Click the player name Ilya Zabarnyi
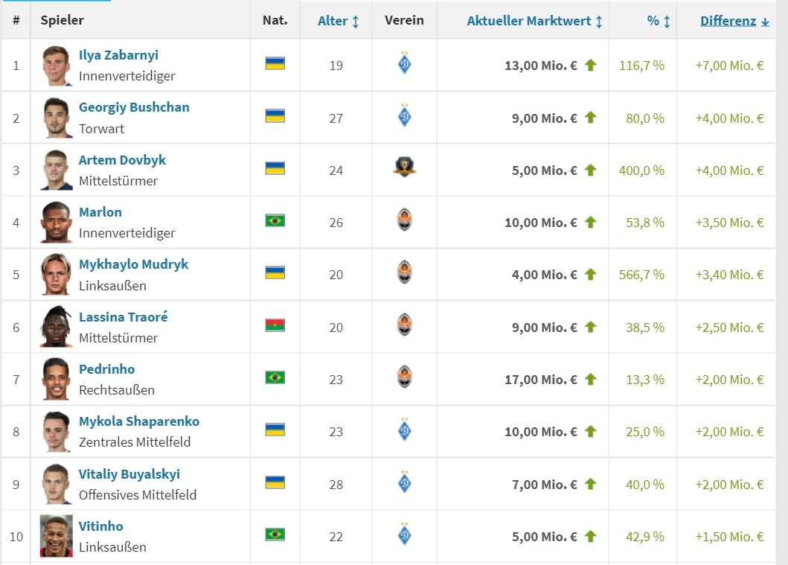coord(118,55)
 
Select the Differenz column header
coord(728,21)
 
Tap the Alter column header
coord(332,21)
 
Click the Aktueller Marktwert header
coord(529,21)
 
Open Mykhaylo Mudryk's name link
coord(133,264)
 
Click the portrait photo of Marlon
coord(57,223)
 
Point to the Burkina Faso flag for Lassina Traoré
coord(275,325)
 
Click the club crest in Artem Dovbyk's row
coord(404,167)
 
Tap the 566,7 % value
coord(641,275)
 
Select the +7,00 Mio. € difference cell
coord(729,66)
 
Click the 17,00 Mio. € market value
coord(540,380)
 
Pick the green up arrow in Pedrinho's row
coord(591,379)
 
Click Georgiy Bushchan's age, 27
coord(336,118)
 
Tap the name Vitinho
coord(101,526)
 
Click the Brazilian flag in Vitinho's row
coord(275,534)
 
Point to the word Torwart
coord(102,129)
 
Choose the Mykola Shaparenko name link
coord(139,421)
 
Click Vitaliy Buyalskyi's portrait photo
coord(57,485)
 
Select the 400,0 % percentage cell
coord(641,170)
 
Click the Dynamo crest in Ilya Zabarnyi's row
coord(404,64)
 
